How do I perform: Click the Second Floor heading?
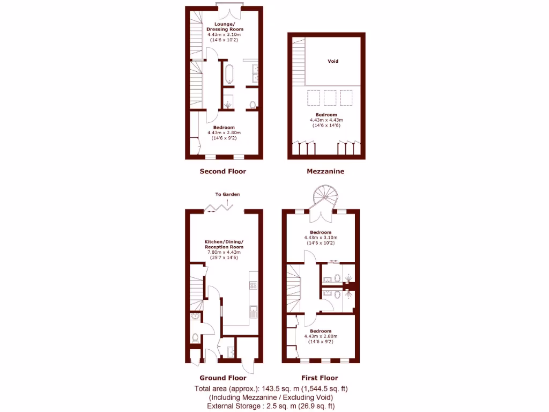pos(222,172)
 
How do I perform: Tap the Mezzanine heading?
pos(325,172)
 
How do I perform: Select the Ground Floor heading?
pos(223,378)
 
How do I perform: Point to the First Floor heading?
pos(321,378)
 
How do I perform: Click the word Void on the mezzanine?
pos(333,61)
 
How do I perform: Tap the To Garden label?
pos(227,194)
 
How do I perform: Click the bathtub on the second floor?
pos(229,74)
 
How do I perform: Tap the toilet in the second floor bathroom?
pos(252,104)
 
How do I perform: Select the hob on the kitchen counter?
pos(254,285)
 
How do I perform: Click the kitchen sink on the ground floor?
pos(254,312)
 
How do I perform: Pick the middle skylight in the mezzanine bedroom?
pos(330,98)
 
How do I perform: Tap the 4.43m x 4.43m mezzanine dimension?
pos(326,120)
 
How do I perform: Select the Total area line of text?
pos(274,388)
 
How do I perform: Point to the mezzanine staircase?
pos(298,60)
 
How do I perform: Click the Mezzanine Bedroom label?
pos(326,115)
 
